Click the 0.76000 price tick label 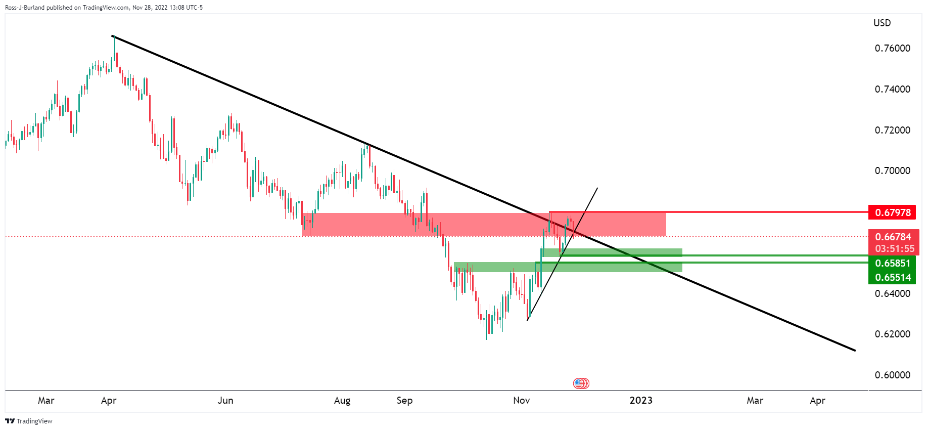tap(892, 48)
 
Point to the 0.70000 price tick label tap(892, 170)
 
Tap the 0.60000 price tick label tap(892, 375)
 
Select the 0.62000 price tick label tap(892, 334)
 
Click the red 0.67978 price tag tap(893, 212)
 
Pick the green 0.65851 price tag tap(893, 263)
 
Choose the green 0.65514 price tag tap(893, 277)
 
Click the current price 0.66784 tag tap(893, 237)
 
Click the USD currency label tap(882, 23)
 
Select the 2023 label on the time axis tap(641, 400)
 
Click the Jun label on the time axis tap(225, 400)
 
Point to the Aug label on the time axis tap(342, 400)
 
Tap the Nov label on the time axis tap(521, 400)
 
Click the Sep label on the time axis tap(404, 400)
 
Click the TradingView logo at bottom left tap(29, 421)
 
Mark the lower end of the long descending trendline tap(855, 350)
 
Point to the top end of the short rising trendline tap(597, 188)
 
